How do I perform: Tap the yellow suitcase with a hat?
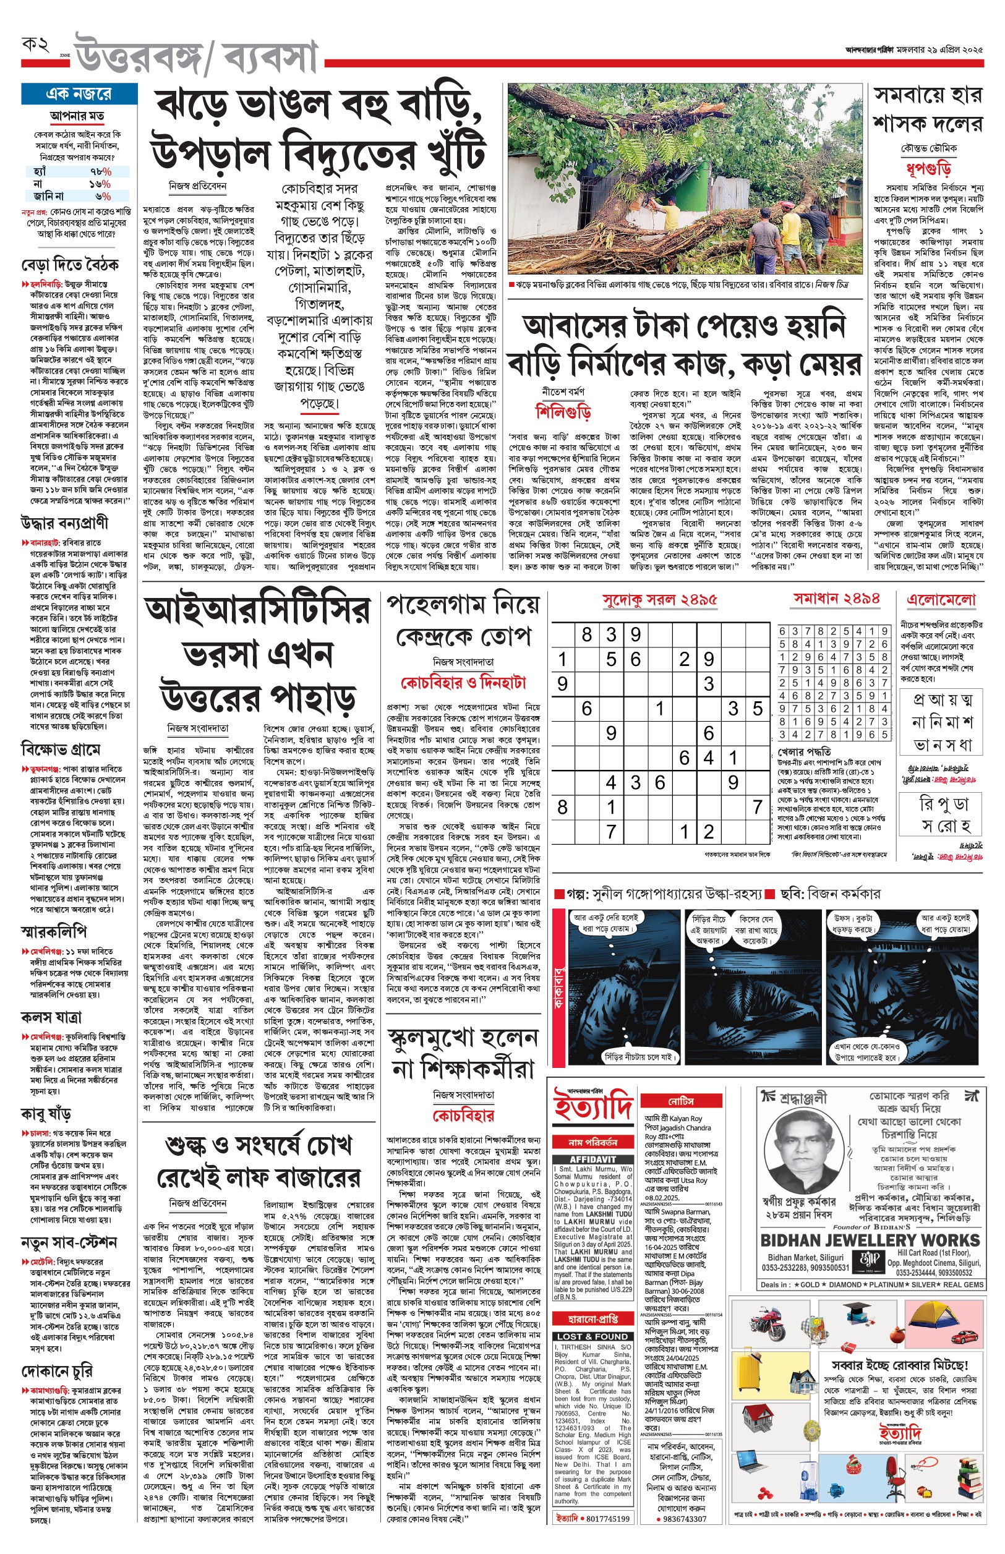(748, 1372)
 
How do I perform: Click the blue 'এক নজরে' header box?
(79, 94)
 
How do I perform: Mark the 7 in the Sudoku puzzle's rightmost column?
(757, 807)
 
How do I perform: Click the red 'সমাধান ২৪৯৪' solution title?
(836, 598)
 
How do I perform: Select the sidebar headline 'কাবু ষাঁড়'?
(46, 1114)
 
